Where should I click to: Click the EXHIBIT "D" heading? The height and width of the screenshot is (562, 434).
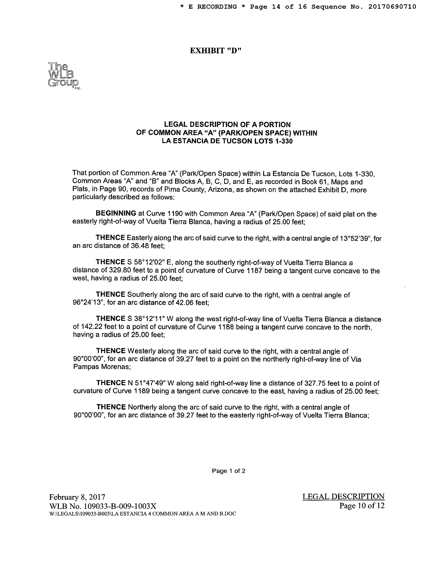click(215, 51)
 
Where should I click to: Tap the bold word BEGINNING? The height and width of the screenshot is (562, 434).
click(116, 213)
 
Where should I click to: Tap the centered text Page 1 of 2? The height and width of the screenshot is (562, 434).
click(228, 471)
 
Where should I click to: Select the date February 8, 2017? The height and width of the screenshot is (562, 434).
click(77, 497)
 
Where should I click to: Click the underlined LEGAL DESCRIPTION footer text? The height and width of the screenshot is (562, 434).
click(343, 497)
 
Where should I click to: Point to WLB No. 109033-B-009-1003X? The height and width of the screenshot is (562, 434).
click(103, 506)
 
